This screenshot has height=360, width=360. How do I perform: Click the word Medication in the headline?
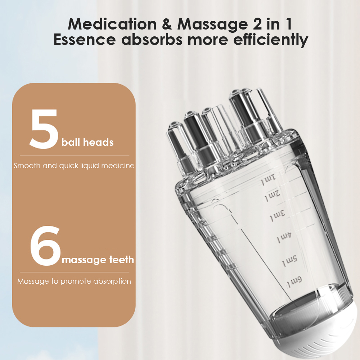111,24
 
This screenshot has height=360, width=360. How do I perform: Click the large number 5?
44,129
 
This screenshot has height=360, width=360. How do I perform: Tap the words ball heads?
87,142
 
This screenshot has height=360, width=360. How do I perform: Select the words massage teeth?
98,259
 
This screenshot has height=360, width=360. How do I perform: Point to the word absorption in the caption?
112,281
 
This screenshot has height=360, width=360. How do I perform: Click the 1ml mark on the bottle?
269,179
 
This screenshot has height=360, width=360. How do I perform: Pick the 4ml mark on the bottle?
284,238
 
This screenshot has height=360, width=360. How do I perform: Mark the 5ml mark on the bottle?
289,260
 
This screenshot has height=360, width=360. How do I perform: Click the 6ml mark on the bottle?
294,281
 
